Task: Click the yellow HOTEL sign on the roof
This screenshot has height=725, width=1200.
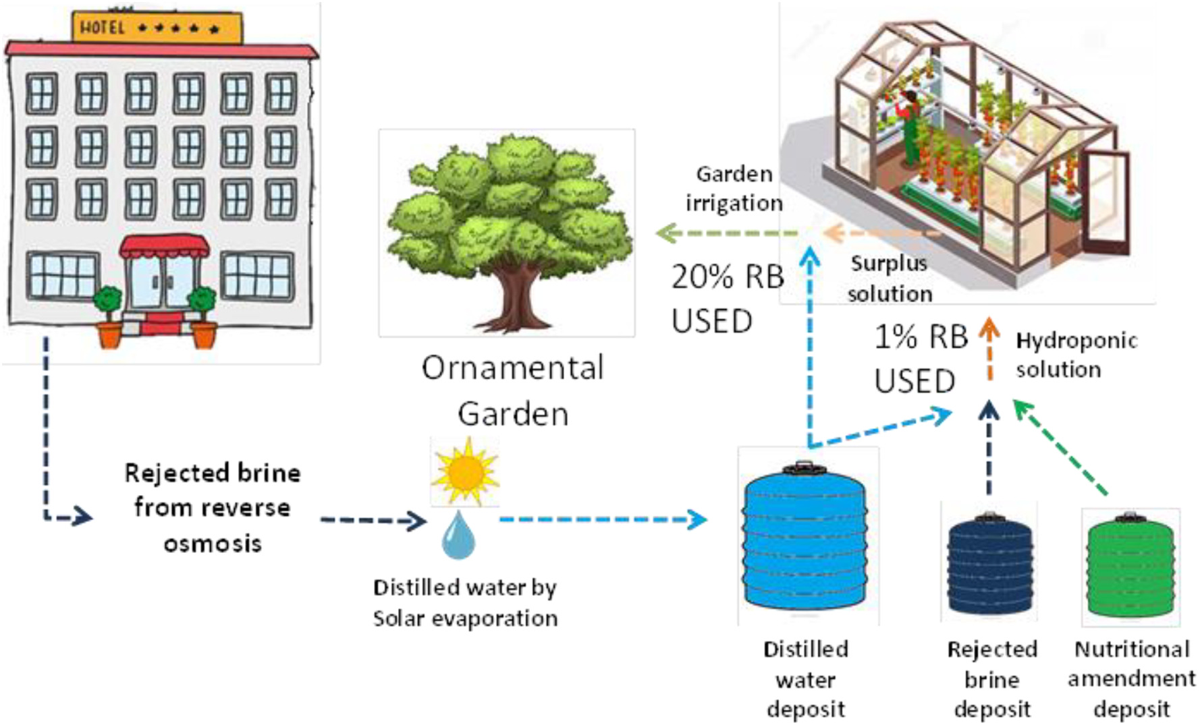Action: click(x=157, y=28)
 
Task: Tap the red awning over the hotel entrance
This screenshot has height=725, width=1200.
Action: click(x=164, y=247)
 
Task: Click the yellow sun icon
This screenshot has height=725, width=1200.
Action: click(x=465, y=471)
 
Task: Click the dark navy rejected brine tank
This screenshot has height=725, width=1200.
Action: click(x=989, y=565)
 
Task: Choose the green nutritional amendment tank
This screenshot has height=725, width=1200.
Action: click(x=1130, y=566)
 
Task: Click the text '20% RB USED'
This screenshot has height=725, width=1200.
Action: click(x=727, y=298)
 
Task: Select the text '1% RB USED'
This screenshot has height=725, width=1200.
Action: click(x=921, y=358)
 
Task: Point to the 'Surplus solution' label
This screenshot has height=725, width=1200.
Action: click(x=890, y=279)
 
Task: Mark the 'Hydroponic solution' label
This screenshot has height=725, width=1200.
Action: click(x=1076, y=355)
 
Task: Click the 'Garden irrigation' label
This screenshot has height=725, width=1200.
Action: click(x=734, y=188)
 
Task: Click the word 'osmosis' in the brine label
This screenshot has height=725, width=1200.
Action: click(x=213, y=544)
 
